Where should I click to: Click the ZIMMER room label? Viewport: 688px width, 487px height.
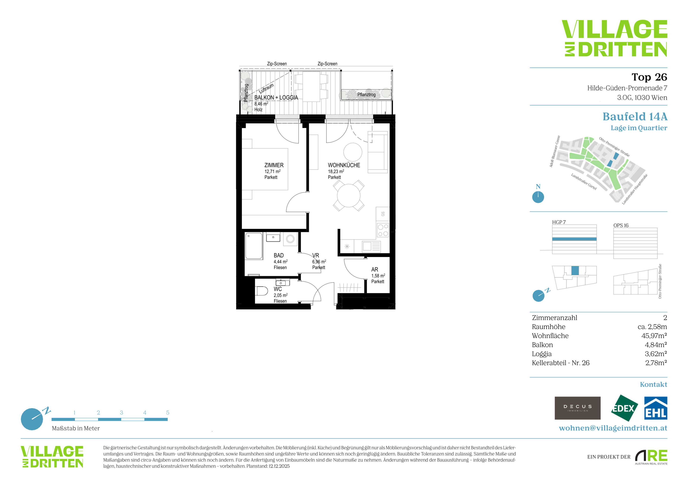coord(274,165)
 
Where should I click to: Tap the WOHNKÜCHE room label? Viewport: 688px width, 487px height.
coord(344,165)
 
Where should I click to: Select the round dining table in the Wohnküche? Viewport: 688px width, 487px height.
coord(349,196)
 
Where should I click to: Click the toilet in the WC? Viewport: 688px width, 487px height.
coord(262,291)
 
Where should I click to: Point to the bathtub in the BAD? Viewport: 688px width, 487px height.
coord(254,246)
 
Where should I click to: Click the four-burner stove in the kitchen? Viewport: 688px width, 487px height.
coord(383,230)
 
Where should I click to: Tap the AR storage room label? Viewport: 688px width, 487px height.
coord(374,270)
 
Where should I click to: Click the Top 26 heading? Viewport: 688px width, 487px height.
coord(649,77)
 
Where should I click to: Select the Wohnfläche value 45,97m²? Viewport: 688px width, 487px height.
coord(654,335)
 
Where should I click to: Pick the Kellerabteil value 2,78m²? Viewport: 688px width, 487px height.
coord(656,363)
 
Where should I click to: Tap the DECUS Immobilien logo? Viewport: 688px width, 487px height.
coord(578,408)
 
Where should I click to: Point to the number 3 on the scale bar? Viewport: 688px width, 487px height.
coord(121,413)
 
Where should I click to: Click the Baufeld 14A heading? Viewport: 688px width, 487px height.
coord(635,116)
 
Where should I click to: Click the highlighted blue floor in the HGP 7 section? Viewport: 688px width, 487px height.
coord(574,239)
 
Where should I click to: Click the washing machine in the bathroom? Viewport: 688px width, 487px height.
coord(290,239)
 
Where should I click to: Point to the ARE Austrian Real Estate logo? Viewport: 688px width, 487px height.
coord(651,457)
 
